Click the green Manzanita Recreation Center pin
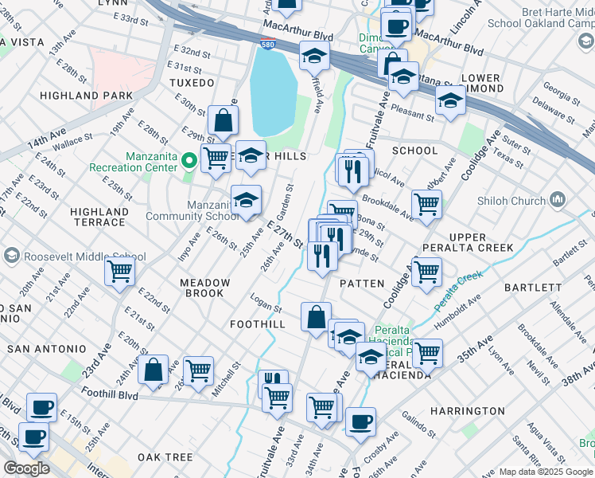tap(189, 162)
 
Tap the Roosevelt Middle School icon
tap(12, 257)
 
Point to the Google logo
tap(26, 468)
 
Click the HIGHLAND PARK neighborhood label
tap(99, 96)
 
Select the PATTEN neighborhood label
tap(362, 284)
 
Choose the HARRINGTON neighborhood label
tap(468, 411)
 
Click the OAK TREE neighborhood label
tap(165, 457)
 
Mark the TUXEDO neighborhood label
tap(192, 83)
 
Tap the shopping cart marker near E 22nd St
tap(119, 272)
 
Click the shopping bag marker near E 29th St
tap(223, 120)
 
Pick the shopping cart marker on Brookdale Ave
tap(426, 204)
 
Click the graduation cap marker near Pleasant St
tap(450, 101)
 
